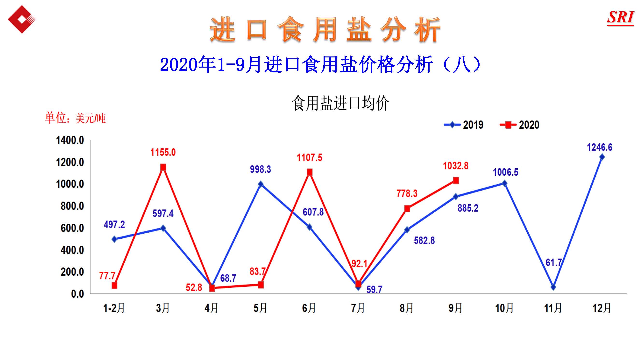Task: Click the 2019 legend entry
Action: point(464,125)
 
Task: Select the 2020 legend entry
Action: point(519,125)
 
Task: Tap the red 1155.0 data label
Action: point(163,152)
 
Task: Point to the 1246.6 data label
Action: point(600,147)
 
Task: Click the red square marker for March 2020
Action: point(163,167)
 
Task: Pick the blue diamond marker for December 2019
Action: point(602,157)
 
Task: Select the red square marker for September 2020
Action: point(456,180)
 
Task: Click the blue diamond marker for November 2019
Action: point(553,287)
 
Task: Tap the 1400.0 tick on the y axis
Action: point(70,140)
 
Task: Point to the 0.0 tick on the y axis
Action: point(77,294)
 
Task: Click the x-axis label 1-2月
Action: point(114,308)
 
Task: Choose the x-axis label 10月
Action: point(504,308)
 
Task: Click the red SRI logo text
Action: point(621,17)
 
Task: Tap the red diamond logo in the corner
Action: point(22,19)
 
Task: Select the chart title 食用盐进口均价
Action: point(340,103)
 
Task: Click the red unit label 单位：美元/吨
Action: point(75,118)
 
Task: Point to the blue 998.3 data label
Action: point(260,169)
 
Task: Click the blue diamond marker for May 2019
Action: point(261,184)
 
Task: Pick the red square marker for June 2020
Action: point(310,172)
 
